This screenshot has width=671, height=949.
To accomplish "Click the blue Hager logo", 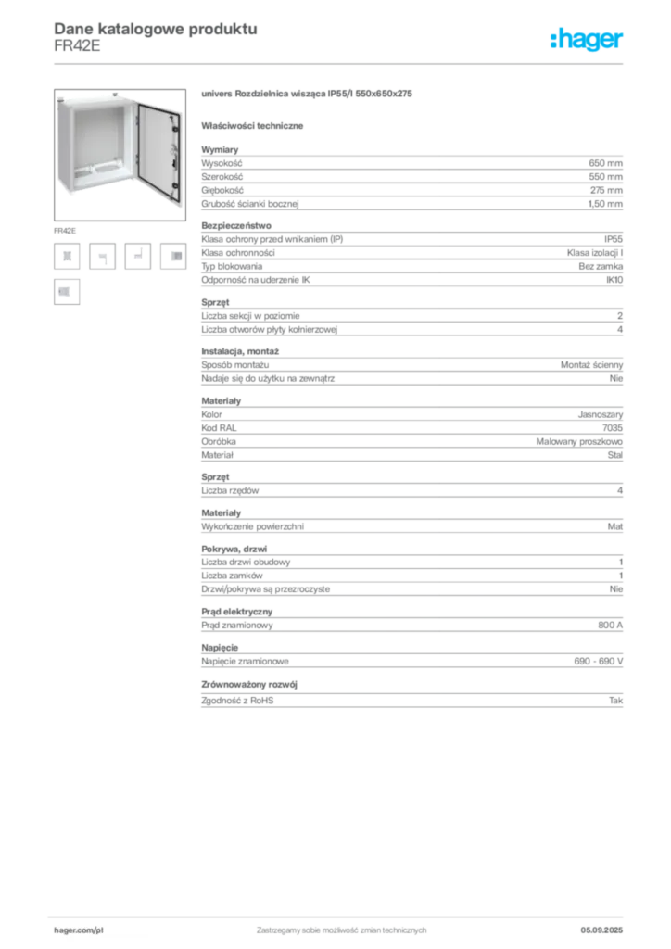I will click(x=588, y=40).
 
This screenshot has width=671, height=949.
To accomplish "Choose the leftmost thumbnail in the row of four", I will click(x=67, y=256).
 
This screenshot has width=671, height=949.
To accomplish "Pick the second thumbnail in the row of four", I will click(x=104, y=258).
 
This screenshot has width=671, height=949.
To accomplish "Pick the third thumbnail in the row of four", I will click(x=138, y=252).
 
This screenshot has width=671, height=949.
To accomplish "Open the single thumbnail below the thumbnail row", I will click(x=66, y=292).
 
